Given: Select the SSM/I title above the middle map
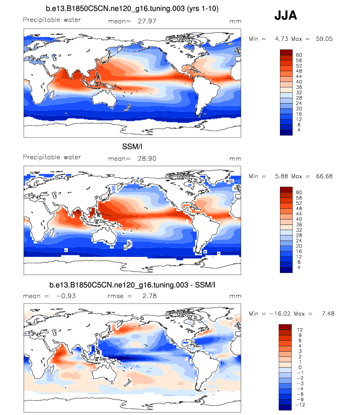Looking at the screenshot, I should pyautogui.click(x=132, y=147).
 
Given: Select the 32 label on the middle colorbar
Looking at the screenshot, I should pyautogui.click(x=299, y=230).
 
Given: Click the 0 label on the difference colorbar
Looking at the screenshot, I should pyautogui.click(x=297, y=367).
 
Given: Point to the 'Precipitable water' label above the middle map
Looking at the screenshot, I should pyautogui.click(x=52, y=157).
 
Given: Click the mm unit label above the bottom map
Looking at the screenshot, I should pyautogui.click(x=235, y=296).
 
